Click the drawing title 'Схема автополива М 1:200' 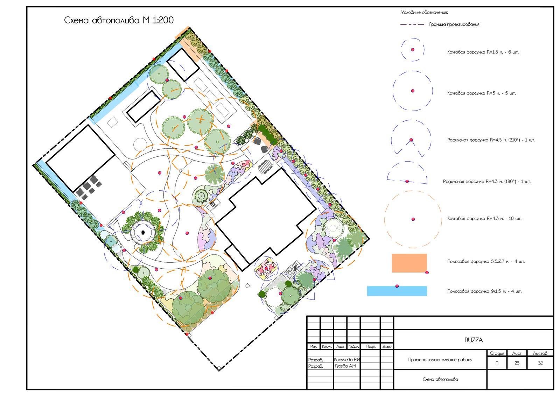[x=119, y=20]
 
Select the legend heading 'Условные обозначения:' [x=425, y=12]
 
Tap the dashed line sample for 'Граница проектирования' [x=412, y=24]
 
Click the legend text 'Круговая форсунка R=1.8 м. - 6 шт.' [x=483, y=52]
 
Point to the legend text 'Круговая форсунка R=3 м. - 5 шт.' [x=482, y=93]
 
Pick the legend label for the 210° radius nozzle [x=491, y=140]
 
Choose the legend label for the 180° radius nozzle [x=487, y=182]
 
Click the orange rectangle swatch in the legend [x=409, y=263]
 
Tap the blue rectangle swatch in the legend [x=397, y=291]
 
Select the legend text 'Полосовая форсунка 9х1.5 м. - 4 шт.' [x=484, y=291]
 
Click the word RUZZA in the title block [x=474, y=340]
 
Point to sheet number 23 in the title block [x=517, y=363]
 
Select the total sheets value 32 [x=540, y=363]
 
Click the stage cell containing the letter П [x=497, y=363]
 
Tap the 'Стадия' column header [x=497, y=353]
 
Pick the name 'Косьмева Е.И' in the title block [x=347, y=360]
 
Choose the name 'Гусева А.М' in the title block [x=345, y=366]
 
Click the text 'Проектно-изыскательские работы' [x=440, y=360]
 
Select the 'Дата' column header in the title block [x=387, y=347]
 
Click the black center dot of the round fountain [x=143, y=233]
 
